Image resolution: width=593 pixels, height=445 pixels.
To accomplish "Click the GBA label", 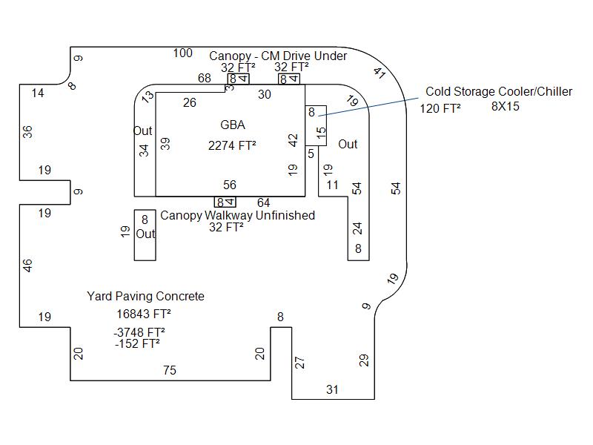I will pos(232,125).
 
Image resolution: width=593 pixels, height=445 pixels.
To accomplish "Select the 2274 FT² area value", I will pos(232,146).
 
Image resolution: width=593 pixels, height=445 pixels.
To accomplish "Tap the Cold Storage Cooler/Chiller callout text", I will pos(498,92).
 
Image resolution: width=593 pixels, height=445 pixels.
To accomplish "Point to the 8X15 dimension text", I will pos(506,107).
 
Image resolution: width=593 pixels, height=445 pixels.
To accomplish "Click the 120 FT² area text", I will pos(440,108).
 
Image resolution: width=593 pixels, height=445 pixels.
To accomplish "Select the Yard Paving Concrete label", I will pos(145,297).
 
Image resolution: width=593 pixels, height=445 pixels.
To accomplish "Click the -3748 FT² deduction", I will pos(139,332).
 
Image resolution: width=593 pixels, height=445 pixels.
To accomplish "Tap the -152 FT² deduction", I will pos(137,343).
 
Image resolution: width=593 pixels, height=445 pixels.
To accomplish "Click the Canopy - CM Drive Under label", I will pos(278,56).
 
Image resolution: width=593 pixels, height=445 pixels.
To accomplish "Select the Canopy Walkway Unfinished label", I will pos(237,216).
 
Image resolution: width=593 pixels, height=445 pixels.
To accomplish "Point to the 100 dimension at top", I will pos(182,53).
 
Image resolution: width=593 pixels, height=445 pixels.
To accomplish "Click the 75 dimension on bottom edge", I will pos(170,370).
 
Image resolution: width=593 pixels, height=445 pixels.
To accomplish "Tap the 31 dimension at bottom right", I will pos(332,389).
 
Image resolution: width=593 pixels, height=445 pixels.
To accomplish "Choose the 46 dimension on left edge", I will pos(28,265).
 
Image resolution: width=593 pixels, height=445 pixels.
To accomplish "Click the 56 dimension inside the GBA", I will pos(230,185).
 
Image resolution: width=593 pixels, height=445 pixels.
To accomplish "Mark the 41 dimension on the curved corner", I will pos(380,73).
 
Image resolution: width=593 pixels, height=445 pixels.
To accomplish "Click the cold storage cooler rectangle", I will pos(316,125).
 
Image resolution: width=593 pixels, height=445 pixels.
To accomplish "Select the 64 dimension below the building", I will pos(263,203).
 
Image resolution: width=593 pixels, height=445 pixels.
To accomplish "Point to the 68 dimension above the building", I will pos(204,79).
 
